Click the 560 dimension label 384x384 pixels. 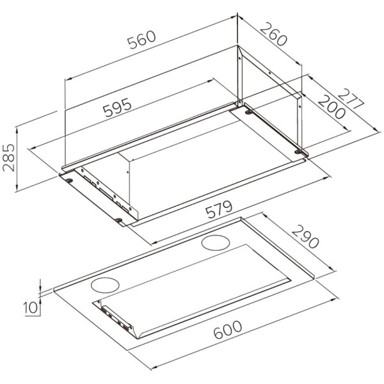coord(141,40)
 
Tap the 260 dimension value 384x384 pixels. coord(273,34)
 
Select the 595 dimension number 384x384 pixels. coord(117,108)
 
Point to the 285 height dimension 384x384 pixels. coord(8,157)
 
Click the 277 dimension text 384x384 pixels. coord(351,98)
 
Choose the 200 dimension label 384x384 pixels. coord(331,107)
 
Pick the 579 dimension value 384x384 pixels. coord(218,209)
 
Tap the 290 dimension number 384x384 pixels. coord(305,236)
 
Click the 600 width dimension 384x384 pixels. coord(227,330)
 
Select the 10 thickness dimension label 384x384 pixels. coord(31,308)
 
